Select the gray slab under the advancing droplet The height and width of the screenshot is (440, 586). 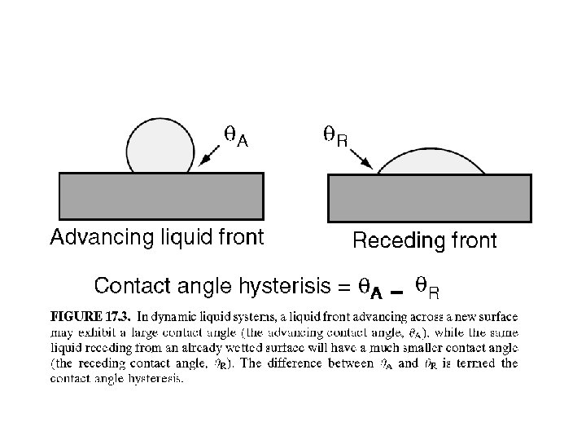click(161, 196)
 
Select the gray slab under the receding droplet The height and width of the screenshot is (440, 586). click(429, 198)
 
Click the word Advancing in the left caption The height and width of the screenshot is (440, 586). click(90, 238)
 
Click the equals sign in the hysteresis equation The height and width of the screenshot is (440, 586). click(343, 287)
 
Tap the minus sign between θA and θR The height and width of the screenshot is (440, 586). click(396, 290)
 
